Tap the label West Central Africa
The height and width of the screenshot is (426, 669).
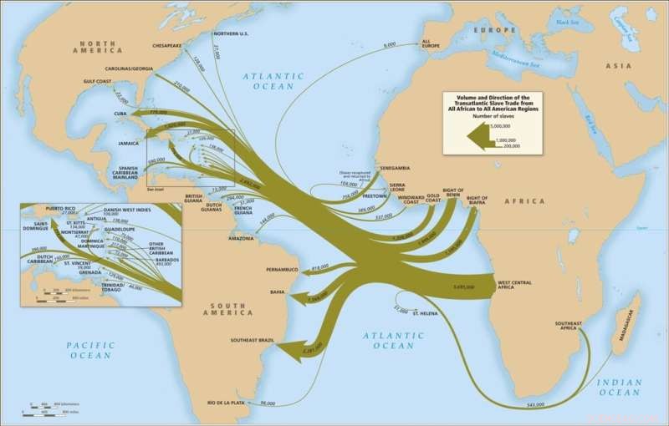click(514, 285)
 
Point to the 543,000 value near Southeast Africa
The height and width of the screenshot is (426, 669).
click(535, 404)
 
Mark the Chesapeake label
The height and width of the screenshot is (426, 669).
click(168, 47)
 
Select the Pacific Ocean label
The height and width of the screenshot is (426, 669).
click(89, 350)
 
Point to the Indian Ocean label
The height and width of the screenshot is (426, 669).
click(620, 387)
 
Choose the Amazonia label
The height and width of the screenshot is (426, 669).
click(242, 238)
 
